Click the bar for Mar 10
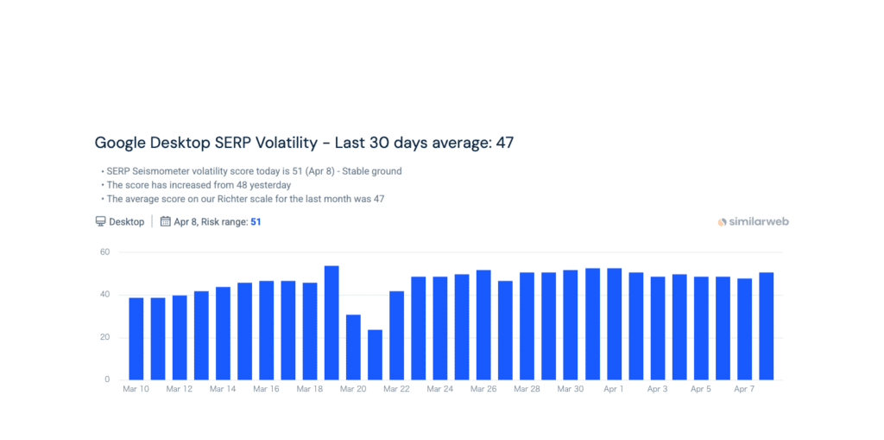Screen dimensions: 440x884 (136, 338)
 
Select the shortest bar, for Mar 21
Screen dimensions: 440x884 (375, 354)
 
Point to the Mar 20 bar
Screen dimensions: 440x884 (353, 347)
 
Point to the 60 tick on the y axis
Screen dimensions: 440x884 (105, 252)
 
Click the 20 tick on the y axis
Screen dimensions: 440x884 (105, 337)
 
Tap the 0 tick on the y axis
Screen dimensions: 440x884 (108, 379)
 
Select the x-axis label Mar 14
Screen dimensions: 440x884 (223, 390)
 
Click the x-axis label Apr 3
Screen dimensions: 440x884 (657, 390)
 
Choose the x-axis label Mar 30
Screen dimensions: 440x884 (570, 390)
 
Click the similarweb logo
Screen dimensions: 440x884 (753, 222)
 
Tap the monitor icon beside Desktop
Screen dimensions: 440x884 (101, 222)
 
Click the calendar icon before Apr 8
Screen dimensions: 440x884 (166, 222)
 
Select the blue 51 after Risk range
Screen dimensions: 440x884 (256, 222)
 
